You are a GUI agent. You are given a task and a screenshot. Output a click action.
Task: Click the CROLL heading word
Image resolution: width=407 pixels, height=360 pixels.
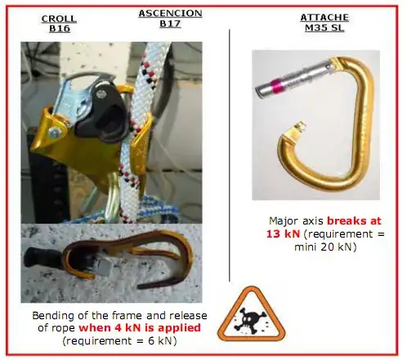coord(59,19)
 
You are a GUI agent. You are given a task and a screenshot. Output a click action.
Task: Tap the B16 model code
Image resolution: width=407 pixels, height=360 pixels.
coord(60,29)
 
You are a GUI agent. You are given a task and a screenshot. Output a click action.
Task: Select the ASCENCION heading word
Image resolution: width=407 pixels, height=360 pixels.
coord(170,13)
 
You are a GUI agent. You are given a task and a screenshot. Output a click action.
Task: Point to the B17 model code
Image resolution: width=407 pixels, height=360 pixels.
coord(170,24)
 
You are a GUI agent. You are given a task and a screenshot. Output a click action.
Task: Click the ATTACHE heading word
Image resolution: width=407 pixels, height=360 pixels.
coord(324,18)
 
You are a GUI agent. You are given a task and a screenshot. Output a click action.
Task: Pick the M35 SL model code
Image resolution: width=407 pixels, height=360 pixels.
coord(324,28)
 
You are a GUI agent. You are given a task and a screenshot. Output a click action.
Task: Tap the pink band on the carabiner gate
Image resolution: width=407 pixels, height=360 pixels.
coord(277,86)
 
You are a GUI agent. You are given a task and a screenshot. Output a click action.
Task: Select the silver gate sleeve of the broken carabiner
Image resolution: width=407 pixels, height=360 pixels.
coord(295,79)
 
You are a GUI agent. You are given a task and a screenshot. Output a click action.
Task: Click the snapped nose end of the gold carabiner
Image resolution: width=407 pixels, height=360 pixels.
coord(299,127)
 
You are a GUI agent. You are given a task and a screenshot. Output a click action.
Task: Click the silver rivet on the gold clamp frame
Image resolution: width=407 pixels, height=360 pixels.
coord(55,131)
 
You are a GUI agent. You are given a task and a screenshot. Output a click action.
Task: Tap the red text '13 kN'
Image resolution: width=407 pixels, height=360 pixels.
coord(283,233)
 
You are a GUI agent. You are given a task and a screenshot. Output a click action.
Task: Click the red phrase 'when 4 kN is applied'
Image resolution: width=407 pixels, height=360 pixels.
coord(140,327)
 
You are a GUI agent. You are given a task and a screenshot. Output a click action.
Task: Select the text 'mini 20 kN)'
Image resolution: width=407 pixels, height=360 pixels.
coord(325,247)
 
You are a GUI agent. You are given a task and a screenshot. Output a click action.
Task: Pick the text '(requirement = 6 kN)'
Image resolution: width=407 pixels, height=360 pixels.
coord(119,340)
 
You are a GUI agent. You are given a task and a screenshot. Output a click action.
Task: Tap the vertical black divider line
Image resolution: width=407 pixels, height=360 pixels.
coord(230,155)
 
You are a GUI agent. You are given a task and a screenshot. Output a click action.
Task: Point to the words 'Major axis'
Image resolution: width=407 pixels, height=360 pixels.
coord(296,220)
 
